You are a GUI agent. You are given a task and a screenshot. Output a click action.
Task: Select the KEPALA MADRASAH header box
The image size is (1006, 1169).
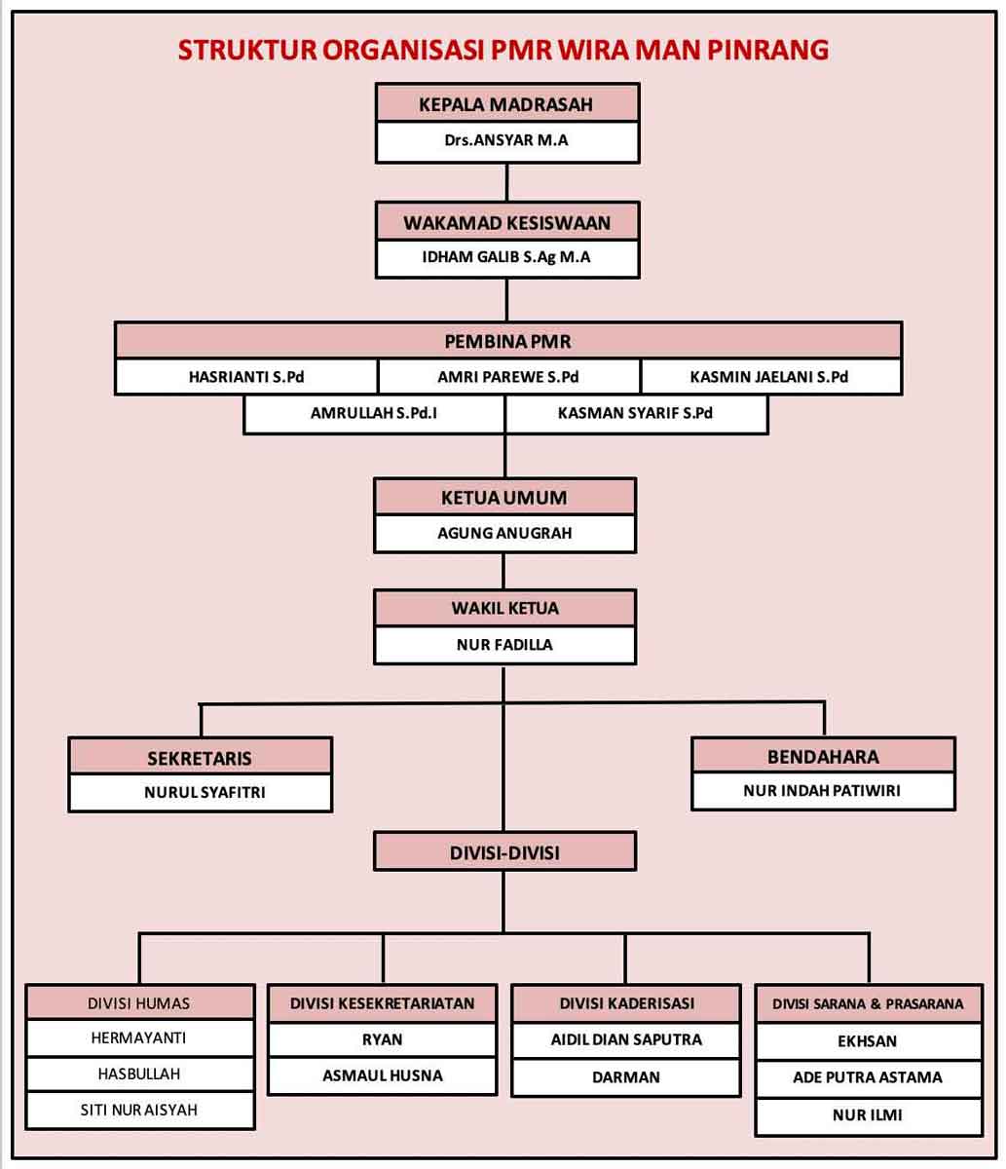507,103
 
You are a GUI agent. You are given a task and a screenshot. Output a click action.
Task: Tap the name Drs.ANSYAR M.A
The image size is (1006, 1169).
505,140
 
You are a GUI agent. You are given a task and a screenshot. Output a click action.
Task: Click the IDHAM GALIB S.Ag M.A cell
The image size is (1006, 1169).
507,258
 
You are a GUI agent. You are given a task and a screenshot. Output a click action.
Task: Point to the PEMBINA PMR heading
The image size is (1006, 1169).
507,341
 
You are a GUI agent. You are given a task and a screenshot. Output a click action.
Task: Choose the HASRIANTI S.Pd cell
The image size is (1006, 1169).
246,377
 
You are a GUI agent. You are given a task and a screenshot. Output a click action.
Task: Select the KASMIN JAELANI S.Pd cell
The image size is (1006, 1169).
770,377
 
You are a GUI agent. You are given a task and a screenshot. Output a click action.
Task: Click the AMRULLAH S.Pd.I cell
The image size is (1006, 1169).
374,414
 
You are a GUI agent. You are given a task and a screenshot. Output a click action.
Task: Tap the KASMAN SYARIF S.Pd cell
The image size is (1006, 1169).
636,414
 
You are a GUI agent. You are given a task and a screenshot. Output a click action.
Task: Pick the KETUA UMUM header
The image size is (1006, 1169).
504,497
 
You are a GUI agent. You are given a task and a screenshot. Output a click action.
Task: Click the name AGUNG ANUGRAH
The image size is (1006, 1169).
504,533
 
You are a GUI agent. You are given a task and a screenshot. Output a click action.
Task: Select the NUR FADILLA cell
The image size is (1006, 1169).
504,645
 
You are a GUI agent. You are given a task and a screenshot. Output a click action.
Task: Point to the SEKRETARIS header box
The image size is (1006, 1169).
201,756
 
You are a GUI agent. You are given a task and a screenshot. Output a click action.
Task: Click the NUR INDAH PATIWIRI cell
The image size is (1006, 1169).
823,791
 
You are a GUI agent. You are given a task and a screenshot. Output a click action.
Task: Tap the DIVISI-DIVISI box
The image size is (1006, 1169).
504,850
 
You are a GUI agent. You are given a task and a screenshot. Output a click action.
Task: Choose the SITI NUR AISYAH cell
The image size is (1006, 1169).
139,1111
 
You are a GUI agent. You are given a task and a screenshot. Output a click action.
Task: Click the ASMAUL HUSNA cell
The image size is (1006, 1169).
383,1075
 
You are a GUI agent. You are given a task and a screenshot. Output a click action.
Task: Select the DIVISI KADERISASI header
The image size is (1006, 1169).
626,1003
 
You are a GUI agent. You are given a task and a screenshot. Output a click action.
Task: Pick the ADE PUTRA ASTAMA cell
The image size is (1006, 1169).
869,1078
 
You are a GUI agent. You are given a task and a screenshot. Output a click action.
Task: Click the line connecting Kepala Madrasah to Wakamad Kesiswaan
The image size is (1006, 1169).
506,182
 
